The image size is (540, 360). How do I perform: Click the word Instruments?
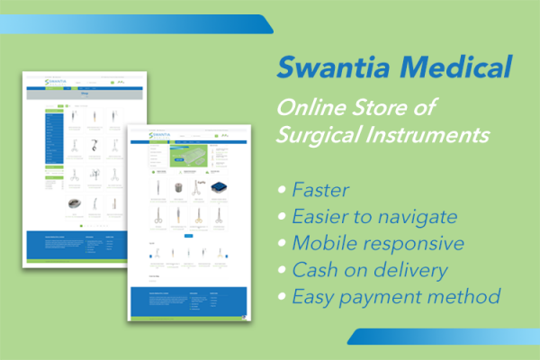436,137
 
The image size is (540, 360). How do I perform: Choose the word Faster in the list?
322,190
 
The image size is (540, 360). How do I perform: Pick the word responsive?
411,244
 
